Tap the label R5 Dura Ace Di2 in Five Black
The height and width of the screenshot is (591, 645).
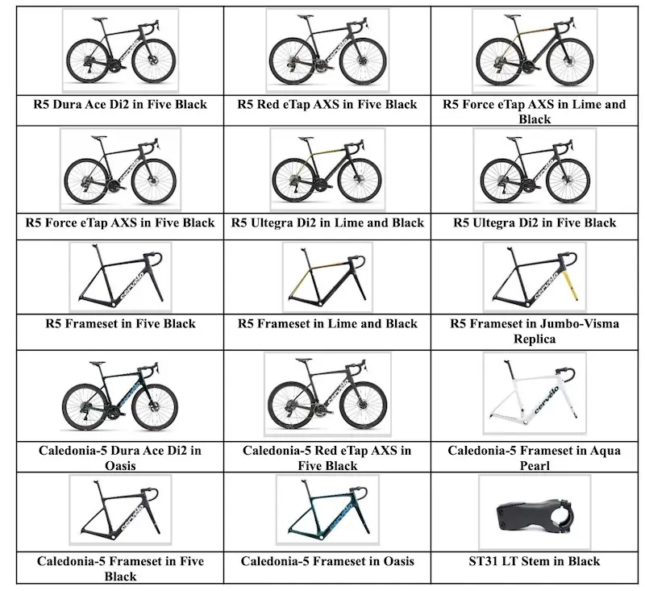coord(120,105)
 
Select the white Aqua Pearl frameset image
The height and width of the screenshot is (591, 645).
coord(535,393)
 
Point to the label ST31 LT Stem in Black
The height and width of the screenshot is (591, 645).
coord(535,561)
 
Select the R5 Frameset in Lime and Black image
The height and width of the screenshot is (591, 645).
coord(327,277)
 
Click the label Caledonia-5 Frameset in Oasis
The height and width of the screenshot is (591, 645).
coord(327,561)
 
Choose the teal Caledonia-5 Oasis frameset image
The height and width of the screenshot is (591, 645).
coord(327,510)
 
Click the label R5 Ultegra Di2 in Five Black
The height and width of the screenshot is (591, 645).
coord(535,223)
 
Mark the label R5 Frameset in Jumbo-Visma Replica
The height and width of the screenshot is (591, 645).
coord(535,331)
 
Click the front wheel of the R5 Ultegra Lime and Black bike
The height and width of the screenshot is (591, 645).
coord(359,179)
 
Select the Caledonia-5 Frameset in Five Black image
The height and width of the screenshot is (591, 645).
coord(120,510)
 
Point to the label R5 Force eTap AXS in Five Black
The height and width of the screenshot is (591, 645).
coord(120,223)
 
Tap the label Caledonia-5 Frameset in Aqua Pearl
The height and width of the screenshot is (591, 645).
coord(535,458)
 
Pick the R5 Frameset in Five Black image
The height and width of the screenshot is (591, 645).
coord(120,277)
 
